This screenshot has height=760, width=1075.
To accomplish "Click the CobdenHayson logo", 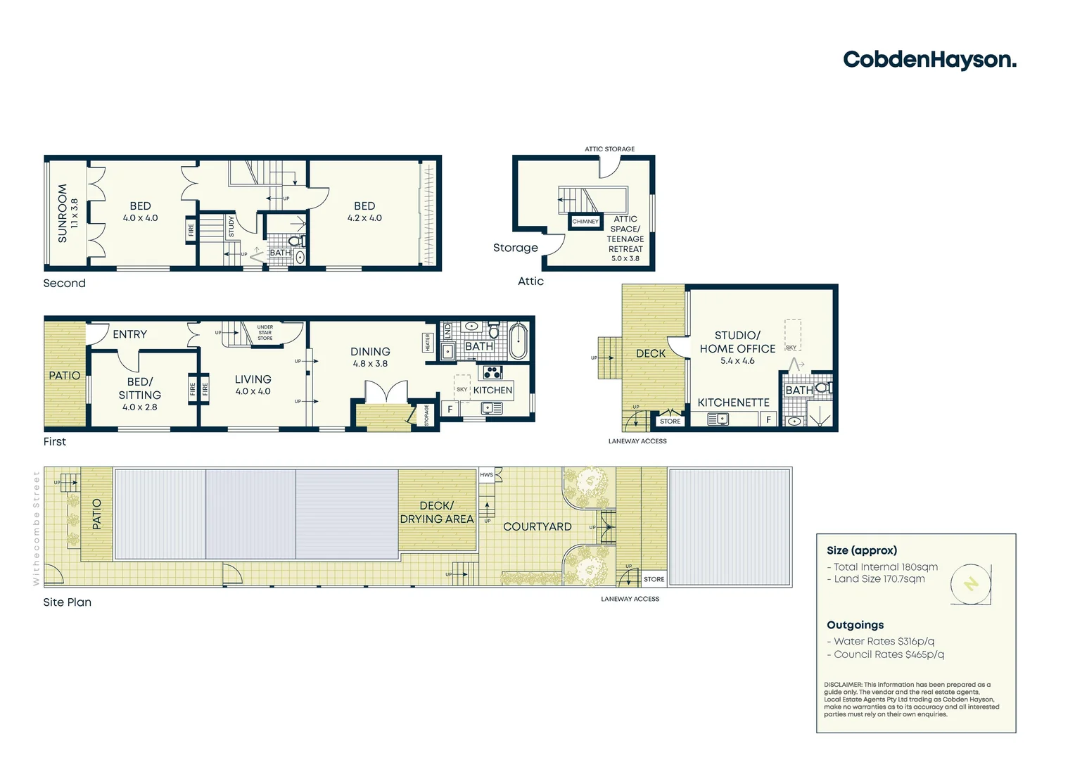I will (x=929, y=60).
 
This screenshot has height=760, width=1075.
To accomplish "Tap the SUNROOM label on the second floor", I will (x=63, y=213).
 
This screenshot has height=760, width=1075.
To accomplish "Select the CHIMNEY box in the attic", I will (x=585, y=222).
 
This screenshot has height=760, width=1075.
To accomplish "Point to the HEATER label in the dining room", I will (x=428, y=342).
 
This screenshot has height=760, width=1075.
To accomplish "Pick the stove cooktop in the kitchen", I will (x=492, y=373).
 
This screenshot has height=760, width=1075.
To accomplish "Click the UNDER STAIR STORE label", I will (x=265, y=333).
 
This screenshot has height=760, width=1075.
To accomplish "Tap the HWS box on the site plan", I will (x=487, y=475).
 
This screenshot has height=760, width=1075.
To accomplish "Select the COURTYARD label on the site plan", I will (x=537, y=526).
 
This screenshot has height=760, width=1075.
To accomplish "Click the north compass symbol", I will (x=971, y=584).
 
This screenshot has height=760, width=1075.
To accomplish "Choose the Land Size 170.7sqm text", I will (x=879, y=579).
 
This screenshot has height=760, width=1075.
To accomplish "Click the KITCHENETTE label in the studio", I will (x=733, y=403).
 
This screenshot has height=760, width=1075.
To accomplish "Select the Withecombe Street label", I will (x=37, y=528).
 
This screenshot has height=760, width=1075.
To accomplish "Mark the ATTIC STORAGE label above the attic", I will (x=609, y=149).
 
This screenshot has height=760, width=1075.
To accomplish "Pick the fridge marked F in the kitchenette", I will (x=768, y=419).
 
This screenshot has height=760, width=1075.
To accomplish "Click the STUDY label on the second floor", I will (x=231, y=226).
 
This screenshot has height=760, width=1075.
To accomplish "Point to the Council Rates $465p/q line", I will (x=889, y=654).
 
